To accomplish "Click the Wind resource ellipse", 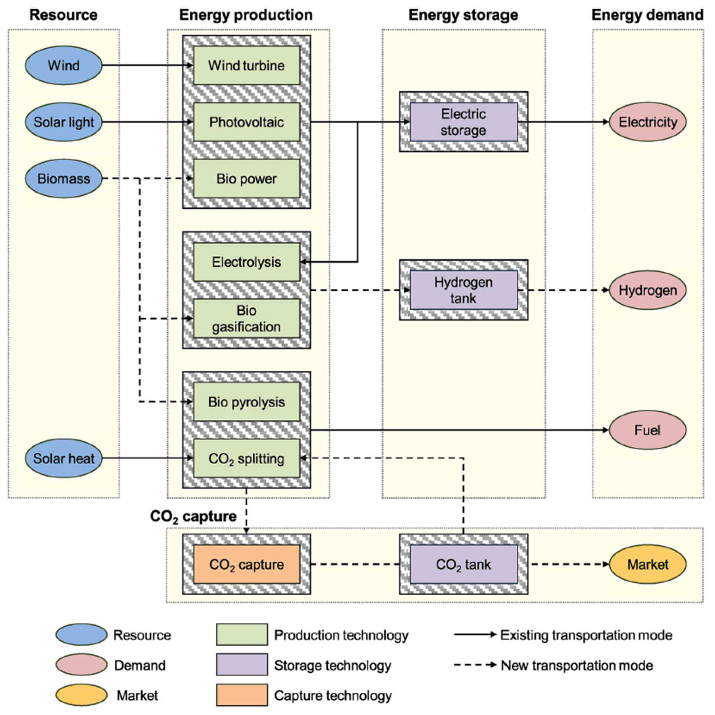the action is click(64, 65).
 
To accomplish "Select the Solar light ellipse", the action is click(64, 122).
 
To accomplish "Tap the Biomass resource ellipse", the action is click(64, 179).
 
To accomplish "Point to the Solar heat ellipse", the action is click(64, 458).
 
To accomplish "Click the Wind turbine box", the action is click(247, 65).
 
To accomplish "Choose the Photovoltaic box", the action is click(247, 122).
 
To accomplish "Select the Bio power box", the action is click(247, 179).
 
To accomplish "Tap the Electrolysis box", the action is click(247, 262).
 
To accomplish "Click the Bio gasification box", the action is click(247, 318).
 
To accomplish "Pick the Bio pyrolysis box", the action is click(247, 402).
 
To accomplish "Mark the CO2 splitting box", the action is click(247, 458).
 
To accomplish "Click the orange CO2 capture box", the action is click(247, 564).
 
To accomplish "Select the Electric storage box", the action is click(464, 122).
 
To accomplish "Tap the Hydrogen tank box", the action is click(464, 290).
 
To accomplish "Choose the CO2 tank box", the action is click(464, 564).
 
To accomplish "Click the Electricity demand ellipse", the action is click(648, 122).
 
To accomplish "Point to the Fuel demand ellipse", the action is click(648, 430).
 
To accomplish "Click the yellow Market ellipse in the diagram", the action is click(648, 564).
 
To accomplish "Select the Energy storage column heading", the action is click(463, 15).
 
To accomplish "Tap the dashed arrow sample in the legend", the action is click(475, 665).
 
